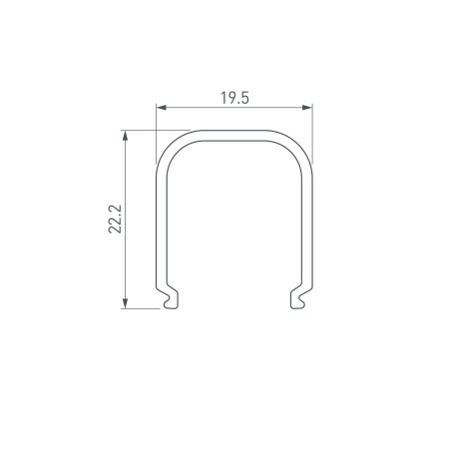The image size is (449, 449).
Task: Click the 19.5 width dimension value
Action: click(234, 98)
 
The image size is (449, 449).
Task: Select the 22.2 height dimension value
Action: click(116, 219)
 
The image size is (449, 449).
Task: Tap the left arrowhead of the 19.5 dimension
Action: click(161, 107)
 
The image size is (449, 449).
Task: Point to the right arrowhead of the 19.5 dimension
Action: click(307, 107)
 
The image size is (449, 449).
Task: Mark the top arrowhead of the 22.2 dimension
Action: click(125, 135)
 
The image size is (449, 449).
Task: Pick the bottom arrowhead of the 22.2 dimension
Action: click(125, 303)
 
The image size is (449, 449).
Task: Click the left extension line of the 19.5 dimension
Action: click(156, 134)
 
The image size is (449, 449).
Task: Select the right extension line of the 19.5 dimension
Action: click(312, 134)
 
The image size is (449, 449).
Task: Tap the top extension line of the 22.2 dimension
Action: click(156, 130)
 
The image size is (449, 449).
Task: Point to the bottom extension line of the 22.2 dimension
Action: click(141, 308)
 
